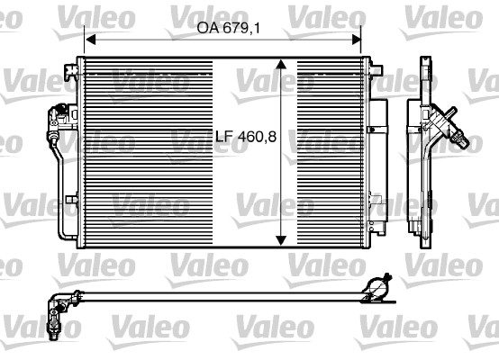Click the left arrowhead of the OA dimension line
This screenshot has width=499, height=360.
point(88,40)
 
